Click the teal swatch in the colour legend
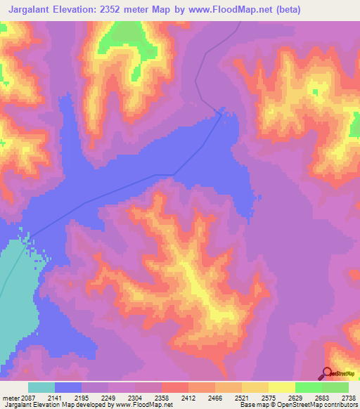[41, 387]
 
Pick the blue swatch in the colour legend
[68, 387]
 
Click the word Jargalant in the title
[27, 10]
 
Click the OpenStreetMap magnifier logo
[327, 374]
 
